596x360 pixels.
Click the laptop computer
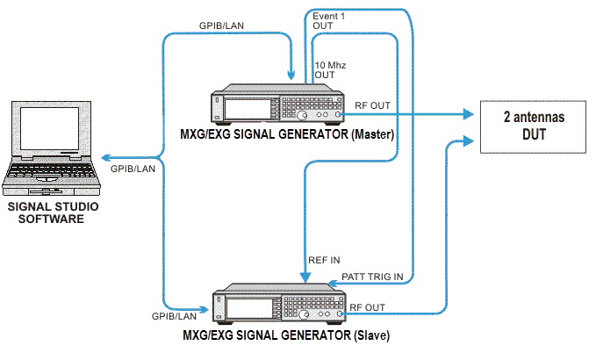point(51,149)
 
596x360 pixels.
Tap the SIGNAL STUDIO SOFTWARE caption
point(53,212)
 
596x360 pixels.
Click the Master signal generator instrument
point(281,107)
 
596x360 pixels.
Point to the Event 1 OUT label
point(329,21)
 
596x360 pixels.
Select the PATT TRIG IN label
point(372,277)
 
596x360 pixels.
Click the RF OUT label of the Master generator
point(373,104)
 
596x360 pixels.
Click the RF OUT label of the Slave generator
point(368,306)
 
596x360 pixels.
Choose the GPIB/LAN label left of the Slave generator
point(175,314)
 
